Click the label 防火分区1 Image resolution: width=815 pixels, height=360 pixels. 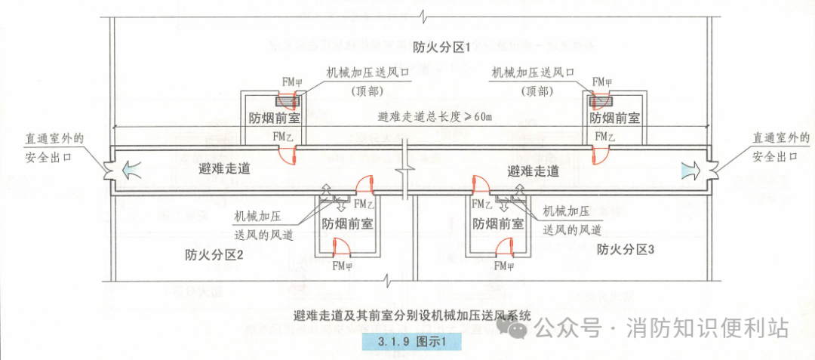click(x=441, y=47)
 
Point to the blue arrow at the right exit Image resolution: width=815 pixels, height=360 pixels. click(x=688, y=171)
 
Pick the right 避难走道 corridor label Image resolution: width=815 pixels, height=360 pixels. click(x=534, y=171)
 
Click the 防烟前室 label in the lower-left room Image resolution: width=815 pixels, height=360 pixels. click(x=347, y=223)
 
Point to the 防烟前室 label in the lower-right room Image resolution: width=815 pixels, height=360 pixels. click(x=498, y=223)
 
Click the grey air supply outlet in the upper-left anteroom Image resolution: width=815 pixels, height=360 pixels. click(x=287, y=100)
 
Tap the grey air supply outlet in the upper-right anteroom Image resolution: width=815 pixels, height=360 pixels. click(x=601, y=100)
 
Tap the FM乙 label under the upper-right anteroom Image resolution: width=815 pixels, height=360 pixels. click(x=604, y=136)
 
